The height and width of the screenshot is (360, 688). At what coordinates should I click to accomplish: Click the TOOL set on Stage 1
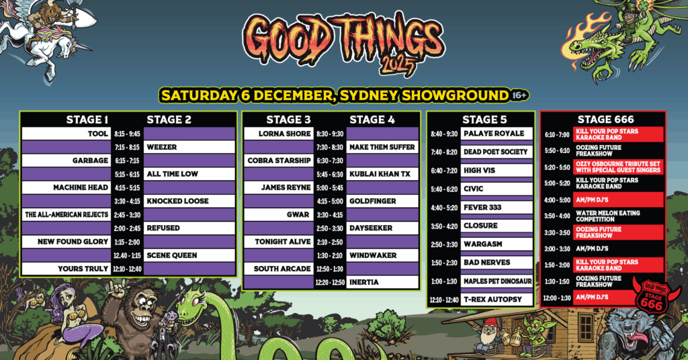(97, 134)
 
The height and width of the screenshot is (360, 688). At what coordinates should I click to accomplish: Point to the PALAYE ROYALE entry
(494, 133)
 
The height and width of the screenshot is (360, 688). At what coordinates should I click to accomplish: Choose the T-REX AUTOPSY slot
(492, 300)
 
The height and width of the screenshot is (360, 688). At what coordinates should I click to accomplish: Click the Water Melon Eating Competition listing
(607, 216)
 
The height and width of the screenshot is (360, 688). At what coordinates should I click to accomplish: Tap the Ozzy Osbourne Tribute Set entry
(618, 167)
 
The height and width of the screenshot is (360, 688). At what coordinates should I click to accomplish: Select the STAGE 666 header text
(605, 120)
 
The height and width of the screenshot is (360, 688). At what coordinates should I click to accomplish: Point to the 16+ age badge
(519, 95)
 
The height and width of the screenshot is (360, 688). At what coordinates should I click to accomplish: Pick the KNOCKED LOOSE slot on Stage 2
(177, 201)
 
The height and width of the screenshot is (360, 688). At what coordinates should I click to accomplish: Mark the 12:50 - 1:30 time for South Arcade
(330, 269)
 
